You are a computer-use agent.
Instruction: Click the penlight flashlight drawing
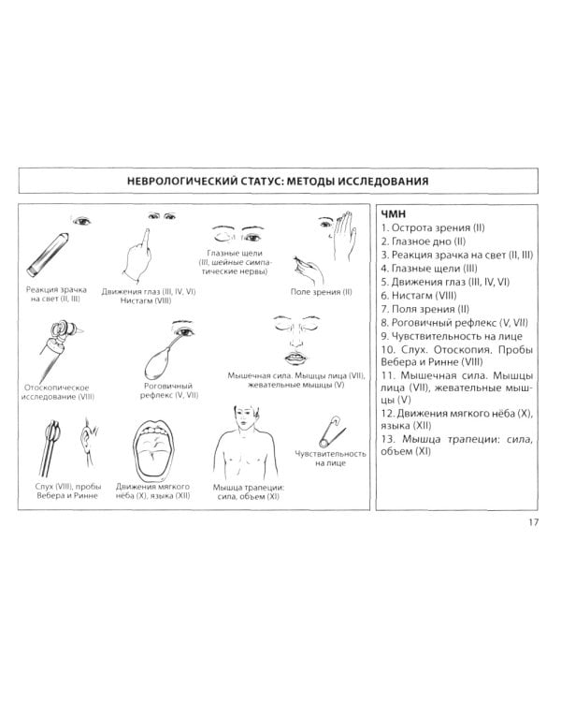pos(48,255)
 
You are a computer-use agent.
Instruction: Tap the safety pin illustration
pos(332,431)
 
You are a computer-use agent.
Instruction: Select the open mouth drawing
pos(153,449)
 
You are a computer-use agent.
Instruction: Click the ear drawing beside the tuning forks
pos(89,441)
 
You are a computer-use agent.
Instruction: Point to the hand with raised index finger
pos(139,256)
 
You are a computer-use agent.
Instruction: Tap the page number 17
pos(533,522)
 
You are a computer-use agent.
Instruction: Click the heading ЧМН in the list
pos(394,214)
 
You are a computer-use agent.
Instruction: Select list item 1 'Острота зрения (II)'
pos(433,227)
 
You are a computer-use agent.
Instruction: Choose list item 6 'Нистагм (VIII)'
pos(419,296)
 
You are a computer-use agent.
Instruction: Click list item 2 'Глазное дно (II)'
pos(424,241)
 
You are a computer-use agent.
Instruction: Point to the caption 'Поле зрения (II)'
pos(322,292)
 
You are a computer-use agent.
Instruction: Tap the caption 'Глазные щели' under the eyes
pos(235,253)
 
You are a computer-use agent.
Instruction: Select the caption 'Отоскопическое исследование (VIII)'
pos(58,392)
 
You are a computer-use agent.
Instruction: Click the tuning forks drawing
pos(51,447)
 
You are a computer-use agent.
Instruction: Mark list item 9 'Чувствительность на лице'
pos(452,336)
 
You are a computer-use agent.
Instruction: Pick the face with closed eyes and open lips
pos(295,341)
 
